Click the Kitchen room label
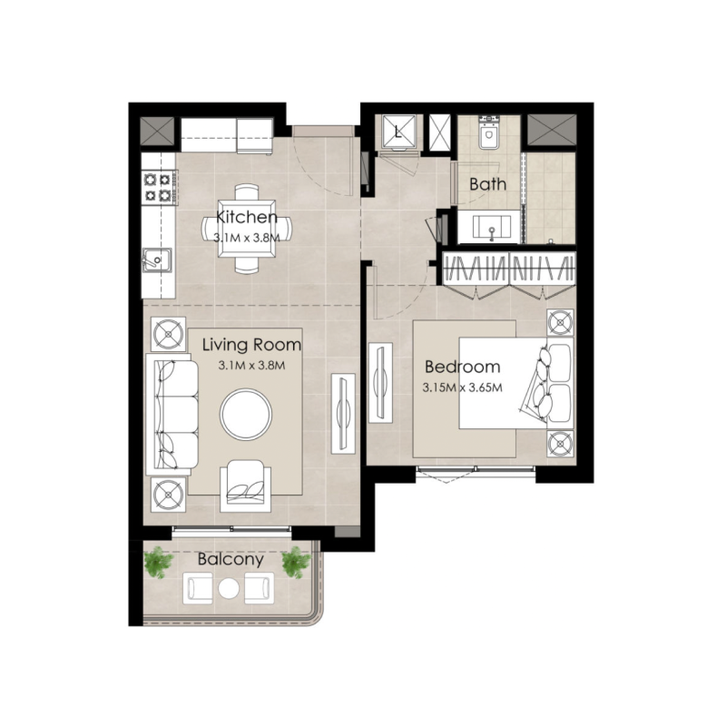(x=247, y=218)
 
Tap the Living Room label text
(x=251, y=346)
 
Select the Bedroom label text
(x=463, y=368)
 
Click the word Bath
(x=487, y=184)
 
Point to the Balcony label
(x=231, y=560)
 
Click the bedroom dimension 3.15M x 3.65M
(x=463, y=388)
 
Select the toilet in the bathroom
(x=489, y=133)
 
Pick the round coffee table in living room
(x=246, y=415)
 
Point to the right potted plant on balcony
(x=295, y=562)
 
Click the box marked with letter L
(x=397, y=132)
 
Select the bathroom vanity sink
(x=490, y=227)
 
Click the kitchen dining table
(x=247, y=228)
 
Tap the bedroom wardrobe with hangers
(x=508, y=272)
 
